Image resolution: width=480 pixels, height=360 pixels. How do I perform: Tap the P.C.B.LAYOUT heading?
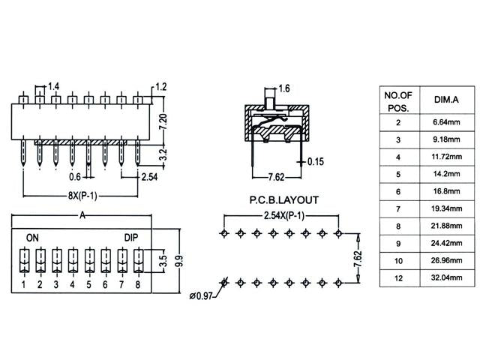tap(283, 200)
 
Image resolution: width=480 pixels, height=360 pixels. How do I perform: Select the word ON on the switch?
tap(33, 237)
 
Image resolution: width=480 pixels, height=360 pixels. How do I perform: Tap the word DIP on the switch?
tap(132, 237)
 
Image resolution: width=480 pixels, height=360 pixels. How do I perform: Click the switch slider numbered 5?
tap(89, 260)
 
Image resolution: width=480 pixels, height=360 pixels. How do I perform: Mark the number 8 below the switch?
tap(138, 284)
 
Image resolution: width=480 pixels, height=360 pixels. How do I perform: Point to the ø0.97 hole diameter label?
tap(201, 295)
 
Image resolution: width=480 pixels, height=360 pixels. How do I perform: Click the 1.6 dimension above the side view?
tap(283, 89)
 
